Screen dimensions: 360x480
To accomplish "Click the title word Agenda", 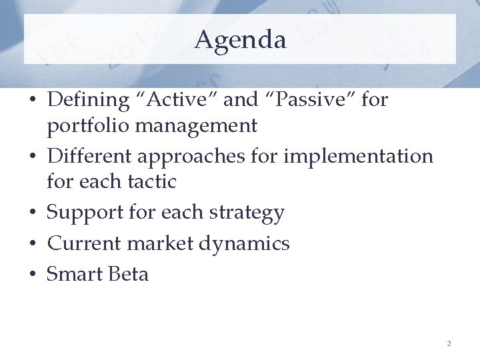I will [240, 40].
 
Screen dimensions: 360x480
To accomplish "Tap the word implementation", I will [359, 157].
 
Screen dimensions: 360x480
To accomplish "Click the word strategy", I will [247, 213].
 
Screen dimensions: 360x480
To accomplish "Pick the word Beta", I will [128, 274].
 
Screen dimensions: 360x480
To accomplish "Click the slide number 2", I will [449, 343].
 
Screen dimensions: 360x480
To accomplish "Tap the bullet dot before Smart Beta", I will [33, 275].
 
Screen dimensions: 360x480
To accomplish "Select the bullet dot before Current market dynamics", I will [33, 244].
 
